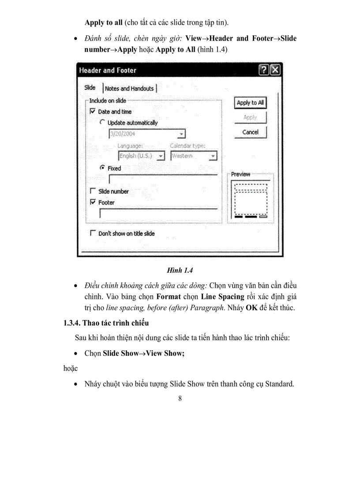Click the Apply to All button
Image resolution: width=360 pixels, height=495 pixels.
coord(250,103)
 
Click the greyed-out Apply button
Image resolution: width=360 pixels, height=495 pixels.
coord(250,118)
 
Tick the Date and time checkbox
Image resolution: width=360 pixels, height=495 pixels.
coord(93,112)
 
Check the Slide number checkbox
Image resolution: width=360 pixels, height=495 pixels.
coord(93,191)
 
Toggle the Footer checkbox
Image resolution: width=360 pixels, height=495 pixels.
coord(93,202)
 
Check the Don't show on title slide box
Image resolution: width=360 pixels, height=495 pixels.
coord(93,233)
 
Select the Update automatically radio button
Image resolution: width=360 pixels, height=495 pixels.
coord(102,123)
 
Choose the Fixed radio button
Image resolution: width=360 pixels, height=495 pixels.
coord(102,168)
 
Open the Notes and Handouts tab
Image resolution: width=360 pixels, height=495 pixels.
coord(129,88)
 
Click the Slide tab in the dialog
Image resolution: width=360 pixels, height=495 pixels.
coord(90,87)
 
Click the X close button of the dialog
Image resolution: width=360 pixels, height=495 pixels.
coord(275,70)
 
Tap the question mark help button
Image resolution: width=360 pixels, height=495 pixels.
coord(264,70)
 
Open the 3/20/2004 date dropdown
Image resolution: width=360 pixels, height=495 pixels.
coord(181,134)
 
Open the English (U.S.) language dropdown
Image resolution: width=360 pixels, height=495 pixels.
coord(161,156)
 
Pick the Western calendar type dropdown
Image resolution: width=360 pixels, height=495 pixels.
coord(213,156)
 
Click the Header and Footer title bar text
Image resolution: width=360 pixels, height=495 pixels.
coord(108,70)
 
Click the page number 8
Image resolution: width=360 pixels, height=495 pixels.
coord(180,398)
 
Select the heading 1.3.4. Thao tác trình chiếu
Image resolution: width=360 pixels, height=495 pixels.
coord(106,323)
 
